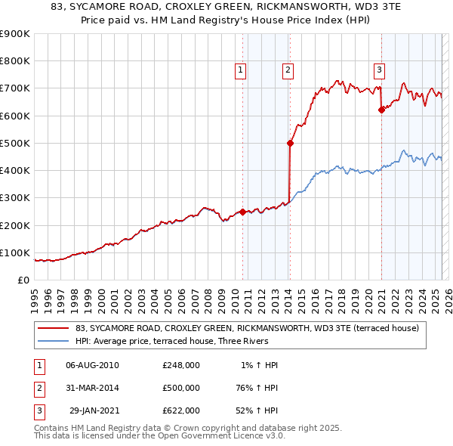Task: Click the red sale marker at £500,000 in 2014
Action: (x=290, y=142)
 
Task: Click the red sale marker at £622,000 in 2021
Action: (x=381, y=110)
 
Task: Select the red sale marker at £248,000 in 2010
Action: (x=242, y=212)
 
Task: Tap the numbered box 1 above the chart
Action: (x=240, y=70)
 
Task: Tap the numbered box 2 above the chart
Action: (x=288, y=70)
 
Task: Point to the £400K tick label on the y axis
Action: (x=14, y=170)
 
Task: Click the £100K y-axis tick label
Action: (x=14, y=252)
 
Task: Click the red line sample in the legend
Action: (x=54, y=328)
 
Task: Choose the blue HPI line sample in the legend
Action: (x=54, y=341)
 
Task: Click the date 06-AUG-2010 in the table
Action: (x=92, y=365)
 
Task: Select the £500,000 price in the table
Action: (x=180, y=388)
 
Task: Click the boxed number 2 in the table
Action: (x=39, y=388)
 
